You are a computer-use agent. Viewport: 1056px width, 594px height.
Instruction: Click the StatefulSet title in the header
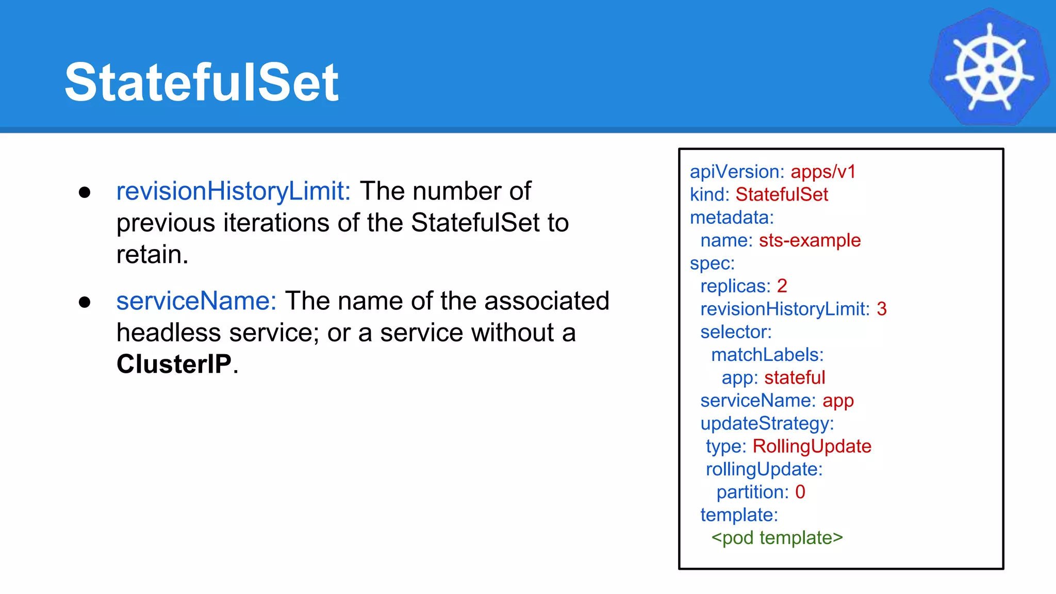tap(201, 82)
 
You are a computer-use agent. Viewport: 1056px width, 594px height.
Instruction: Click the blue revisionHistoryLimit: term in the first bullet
tap(233, 191)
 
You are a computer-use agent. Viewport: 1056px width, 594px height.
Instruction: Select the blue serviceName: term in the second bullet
tap(196, 301)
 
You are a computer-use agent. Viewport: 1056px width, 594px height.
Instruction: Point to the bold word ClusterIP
tap(174, 364)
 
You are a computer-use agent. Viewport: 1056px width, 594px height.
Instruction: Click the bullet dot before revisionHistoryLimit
tap(85, 193)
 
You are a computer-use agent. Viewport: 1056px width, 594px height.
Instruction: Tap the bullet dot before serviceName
tap(85, 302)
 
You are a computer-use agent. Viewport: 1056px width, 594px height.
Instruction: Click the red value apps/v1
tap(823, 172)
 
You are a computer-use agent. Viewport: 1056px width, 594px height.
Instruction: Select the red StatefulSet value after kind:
tap(781, 195)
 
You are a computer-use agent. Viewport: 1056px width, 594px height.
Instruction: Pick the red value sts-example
tap(810, 240)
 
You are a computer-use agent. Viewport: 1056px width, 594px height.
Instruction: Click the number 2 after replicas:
tap(782, 286)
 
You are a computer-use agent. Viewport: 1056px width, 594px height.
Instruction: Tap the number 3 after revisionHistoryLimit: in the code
tap(881, 309)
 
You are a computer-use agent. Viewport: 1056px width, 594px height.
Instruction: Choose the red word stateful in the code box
tap(794, 377)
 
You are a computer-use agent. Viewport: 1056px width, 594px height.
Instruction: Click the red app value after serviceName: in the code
tap(838, 401)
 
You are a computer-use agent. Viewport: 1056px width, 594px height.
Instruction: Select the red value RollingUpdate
tap(812, 447)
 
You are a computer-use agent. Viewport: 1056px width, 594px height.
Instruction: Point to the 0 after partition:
tap(800, 492)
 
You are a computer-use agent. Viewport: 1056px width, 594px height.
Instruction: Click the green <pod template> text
tap(777, 538)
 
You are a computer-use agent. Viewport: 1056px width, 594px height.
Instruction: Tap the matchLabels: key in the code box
tap(767, 355)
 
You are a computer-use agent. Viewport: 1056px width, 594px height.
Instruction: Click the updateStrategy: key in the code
tap(767, 424)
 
